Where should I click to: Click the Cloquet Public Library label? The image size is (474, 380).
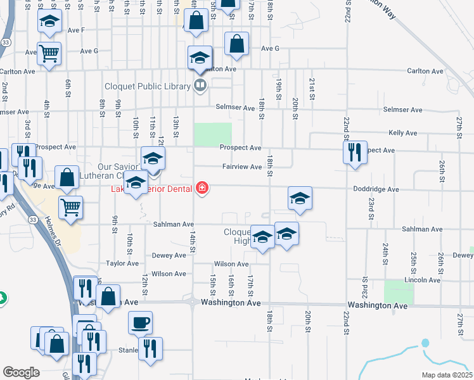[x=149, y=86]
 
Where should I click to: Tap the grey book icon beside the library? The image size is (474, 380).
[x=200, y=85]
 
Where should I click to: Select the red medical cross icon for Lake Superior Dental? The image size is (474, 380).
[x=202, y=188]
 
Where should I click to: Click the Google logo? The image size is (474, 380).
[x=21, y=372]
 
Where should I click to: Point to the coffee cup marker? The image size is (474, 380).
[x=140, y=322]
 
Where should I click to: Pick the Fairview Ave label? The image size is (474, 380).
[x=242, y=167]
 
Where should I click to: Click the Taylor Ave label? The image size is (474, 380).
[x=122, y=262]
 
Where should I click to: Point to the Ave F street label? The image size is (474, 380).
[x=75, y=30]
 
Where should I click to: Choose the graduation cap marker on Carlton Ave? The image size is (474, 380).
[x=200, y=58]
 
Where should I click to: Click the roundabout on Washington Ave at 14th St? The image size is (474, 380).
[x=192, y=302]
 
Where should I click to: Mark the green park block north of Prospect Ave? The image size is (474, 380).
[x=212, y=134]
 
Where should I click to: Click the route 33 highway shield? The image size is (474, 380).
[x=6, y=41]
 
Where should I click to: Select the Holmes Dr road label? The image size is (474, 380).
[x=53, y=232]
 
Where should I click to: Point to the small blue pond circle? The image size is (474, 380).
[x=425, y=343]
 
